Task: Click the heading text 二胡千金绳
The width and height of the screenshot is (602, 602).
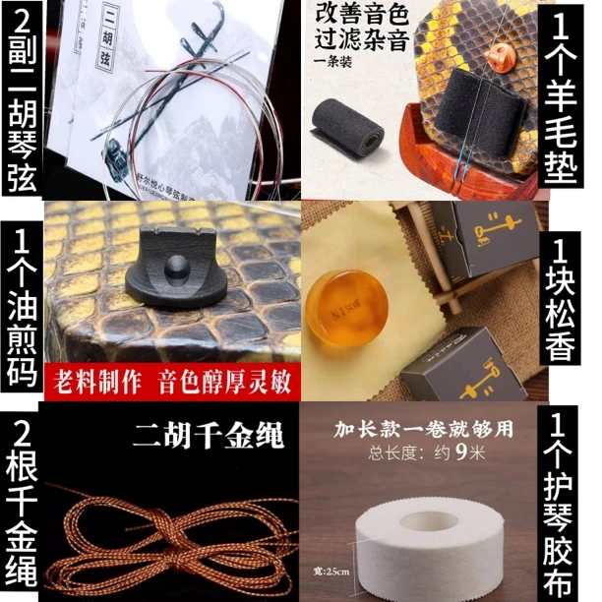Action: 198,433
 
